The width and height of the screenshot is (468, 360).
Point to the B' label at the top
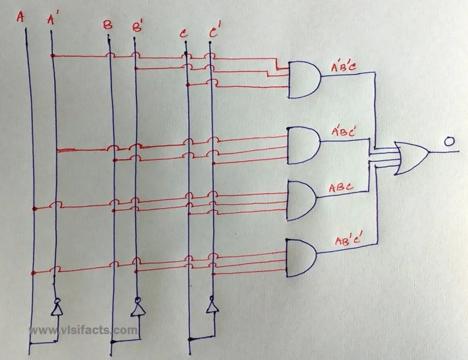click(x=137, y=26)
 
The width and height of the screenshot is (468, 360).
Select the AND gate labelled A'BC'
click(x=303, y=146)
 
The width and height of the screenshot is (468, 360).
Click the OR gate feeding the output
click(x=411, y=158)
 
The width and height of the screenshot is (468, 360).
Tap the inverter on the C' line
click(x=211, y=305)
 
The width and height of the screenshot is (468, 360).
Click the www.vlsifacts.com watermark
click(x=83, y=330)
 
